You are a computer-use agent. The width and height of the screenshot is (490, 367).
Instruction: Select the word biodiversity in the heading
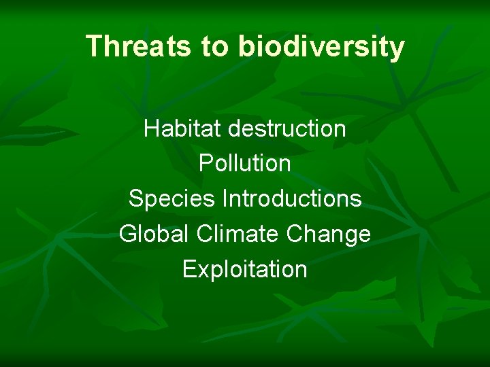coord(321,47)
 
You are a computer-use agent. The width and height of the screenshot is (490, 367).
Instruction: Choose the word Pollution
coord(245,164)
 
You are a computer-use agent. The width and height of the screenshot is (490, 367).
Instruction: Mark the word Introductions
coord(292,199)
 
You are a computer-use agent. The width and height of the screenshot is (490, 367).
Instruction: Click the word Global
coord(154,234)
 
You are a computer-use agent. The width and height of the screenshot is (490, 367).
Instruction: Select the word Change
coord(329,234)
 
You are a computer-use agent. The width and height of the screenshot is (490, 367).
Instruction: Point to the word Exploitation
coord(245,270)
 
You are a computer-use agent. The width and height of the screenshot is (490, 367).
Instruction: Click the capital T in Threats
coord(94,46)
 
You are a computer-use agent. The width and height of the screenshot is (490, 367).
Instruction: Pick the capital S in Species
coord(135,199)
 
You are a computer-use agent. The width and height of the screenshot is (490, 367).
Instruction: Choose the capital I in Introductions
coord(225,199)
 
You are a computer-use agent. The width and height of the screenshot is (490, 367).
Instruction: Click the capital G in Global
coord(128,234)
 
